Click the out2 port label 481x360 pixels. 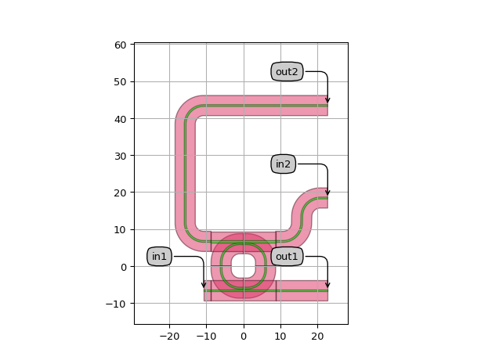tap(287, 72)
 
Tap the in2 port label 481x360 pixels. tap(283, 164)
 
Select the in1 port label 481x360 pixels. tap(159, 256)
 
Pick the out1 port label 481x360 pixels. tap(287, 256)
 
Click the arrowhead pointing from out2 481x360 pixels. tap(327, 100)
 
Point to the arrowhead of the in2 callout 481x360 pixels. tap(327, 193)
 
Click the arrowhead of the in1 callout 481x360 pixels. tap(204, 285)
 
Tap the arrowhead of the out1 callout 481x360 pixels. tap(327, 285)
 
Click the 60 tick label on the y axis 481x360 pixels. tap(121, 45)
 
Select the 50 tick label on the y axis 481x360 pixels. tap(121, 82)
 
